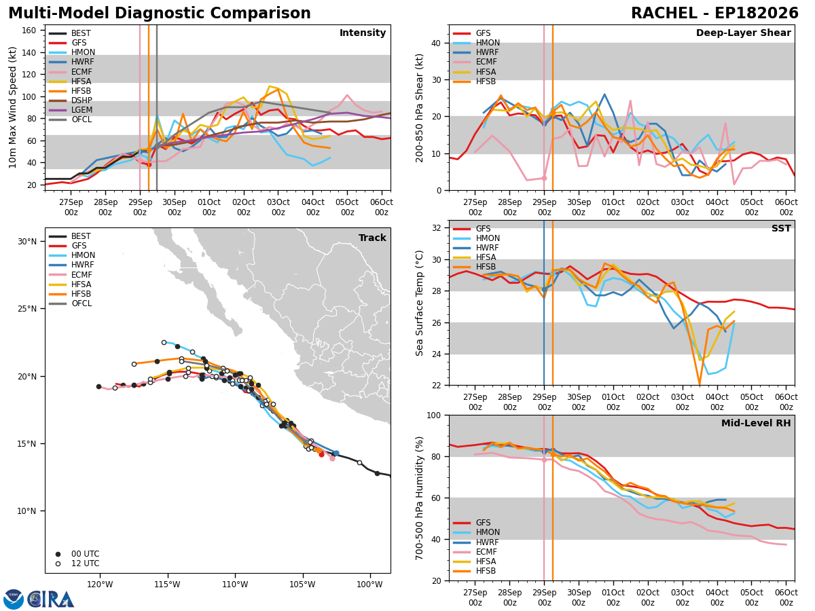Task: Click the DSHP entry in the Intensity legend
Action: point(81,100)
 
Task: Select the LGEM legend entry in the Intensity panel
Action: point(81,110)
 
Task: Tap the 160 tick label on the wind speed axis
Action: point(29,31)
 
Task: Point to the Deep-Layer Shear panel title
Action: point(743,33)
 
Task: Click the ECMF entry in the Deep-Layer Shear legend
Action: point(486,62)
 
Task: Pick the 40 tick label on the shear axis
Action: point(436,43)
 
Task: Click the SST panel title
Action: point(781,229)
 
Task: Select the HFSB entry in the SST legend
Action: point(486,267)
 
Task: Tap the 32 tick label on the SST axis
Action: point(436,228)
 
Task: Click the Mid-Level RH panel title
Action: point(756,423)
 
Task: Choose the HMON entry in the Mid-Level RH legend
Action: point(488,532)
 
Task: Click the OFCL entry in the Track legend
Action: point(81,304)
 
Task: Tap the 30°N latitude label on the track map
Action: point(27,242)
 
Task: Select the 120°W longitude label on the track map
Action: point(100,585)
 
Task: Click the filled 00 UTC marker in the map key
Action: point(58,554)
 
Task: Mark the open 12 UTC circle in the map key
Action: point(58,564)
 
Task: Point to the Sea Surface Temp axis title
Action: point(419,303)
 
